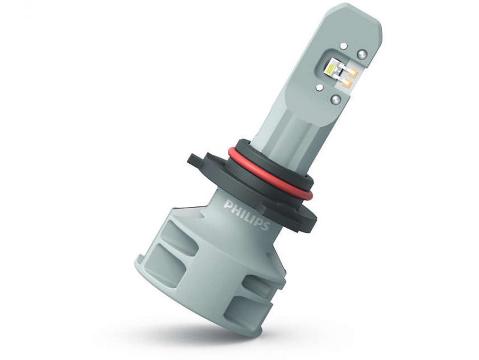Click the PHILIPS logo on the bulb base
[x=247, y=215]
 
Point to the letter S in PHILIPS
[x=265, y=226]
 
